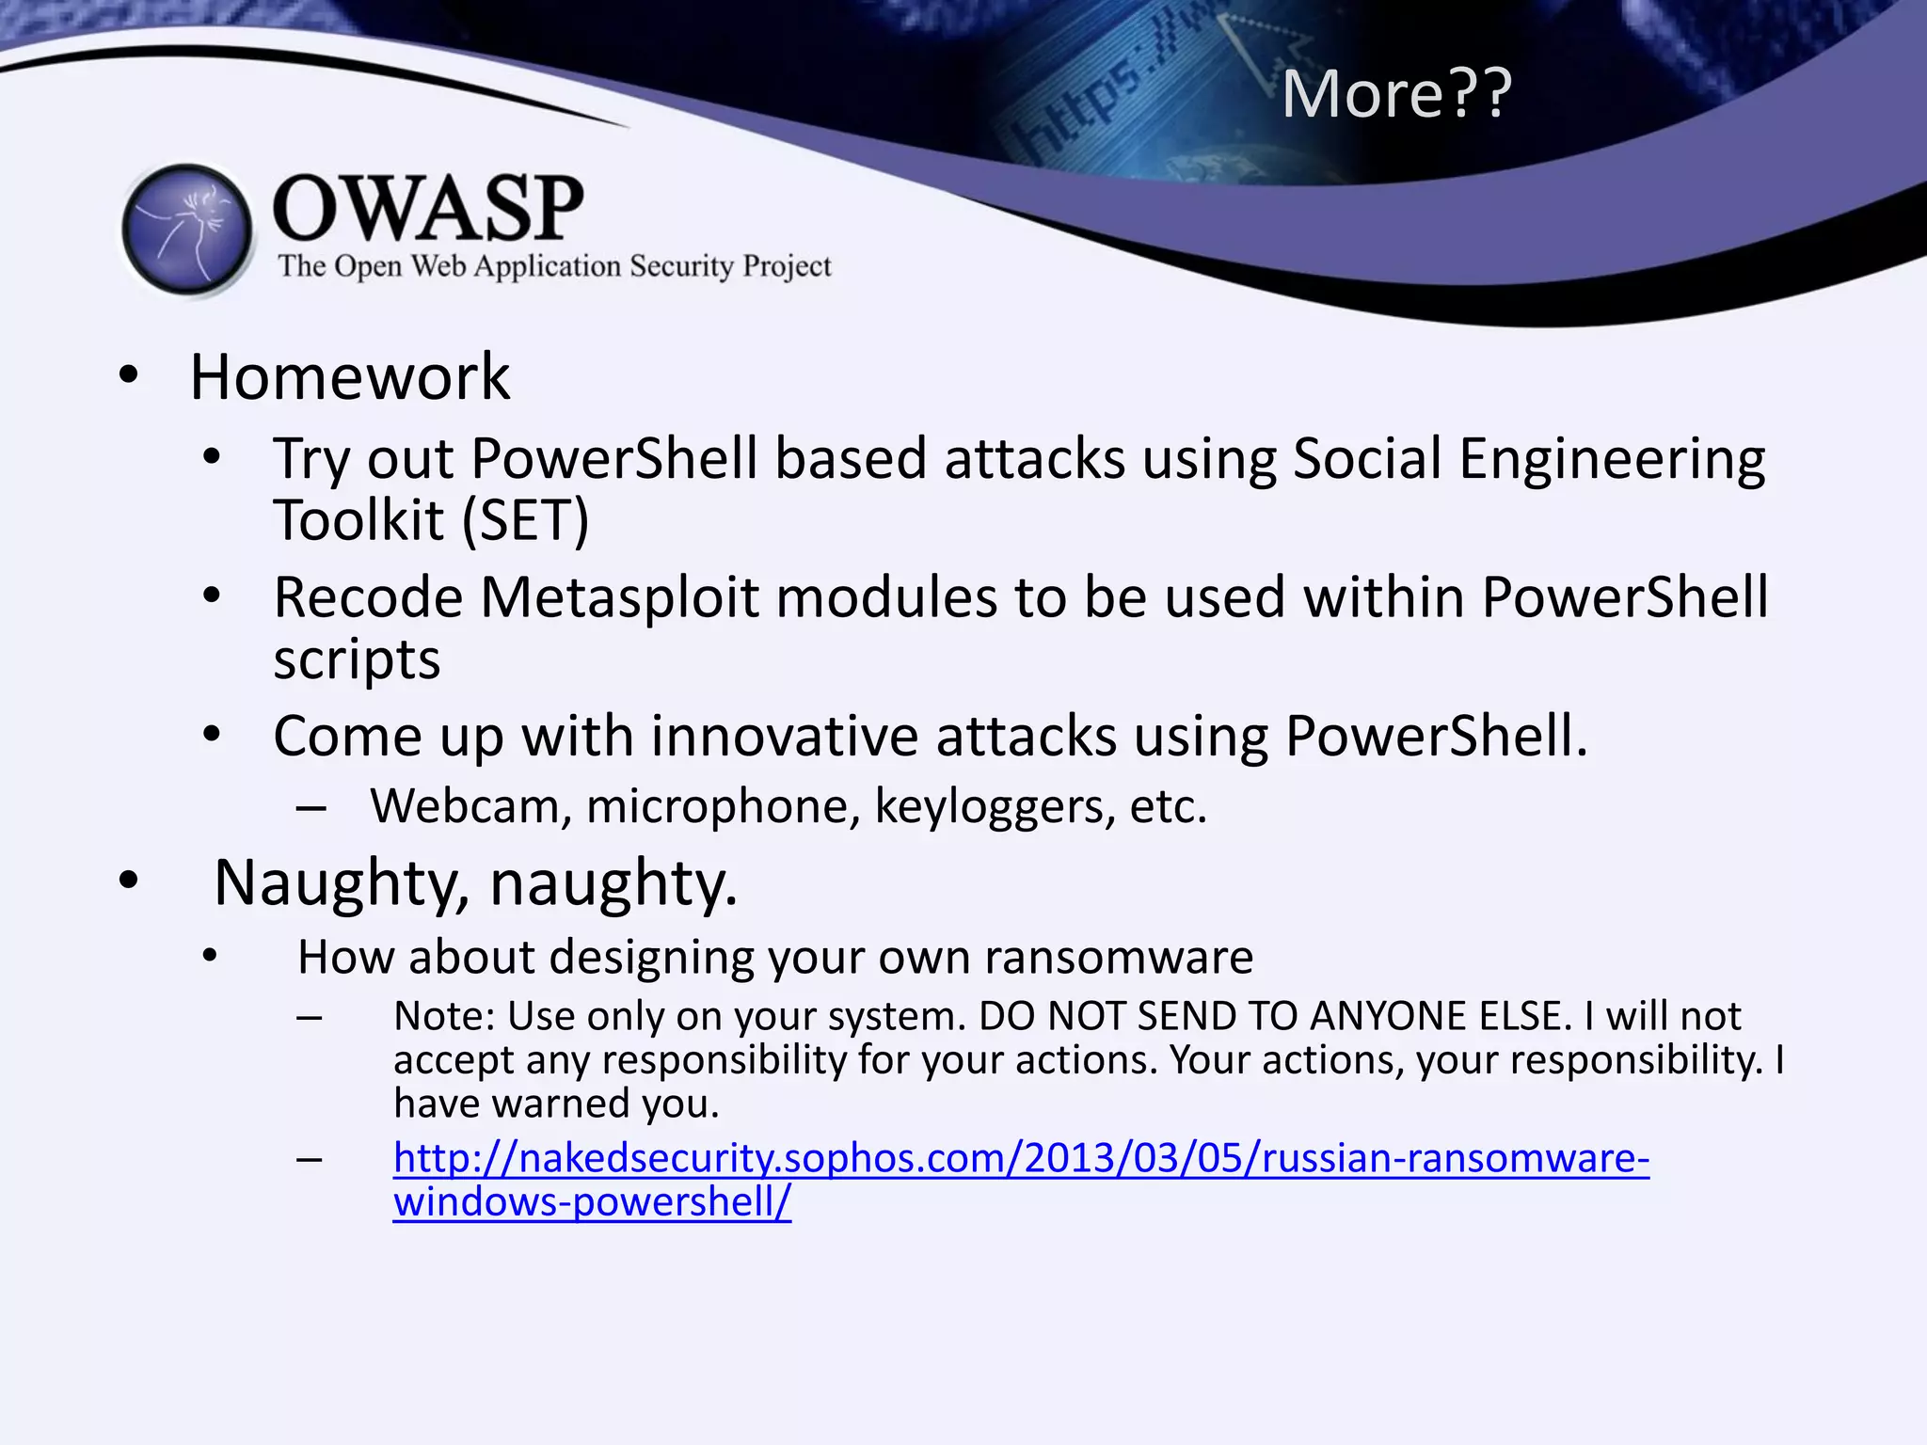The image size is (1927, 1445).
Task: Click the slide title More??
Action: pos(1396,94)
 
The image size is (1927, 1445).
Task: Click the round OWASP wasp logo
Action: pos(188,230)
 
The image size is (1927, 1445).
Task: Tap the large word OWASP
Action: pos(428,209)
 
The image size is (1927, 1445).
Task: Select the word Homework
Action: pos(349,377)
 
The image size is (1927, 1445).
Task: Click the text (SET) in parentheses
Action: pos(525,520)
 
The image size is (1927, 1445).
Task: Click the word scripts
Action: pos(357,659)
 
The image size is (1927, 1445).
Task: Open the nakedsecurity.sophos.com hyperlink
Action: pos(1021,1158)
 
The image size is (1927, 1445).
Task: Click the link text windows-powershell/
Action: pos(592,1202)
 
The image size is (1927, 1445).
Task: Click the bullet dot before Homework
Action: pos(129,375)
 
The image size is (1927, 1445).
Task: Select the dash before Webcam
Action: pos(311,807)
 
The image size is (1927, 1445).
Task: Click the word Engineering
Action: pos(1611,459)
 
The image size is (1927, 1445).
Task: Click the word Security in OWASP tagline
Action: pos(681,266)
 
